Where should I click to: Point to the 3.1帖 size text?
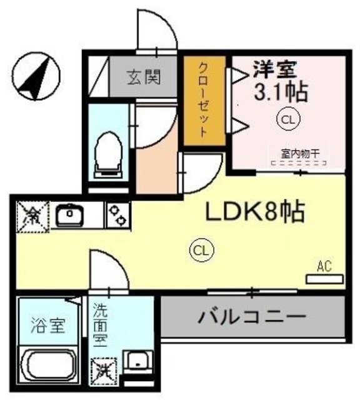(x=279, y=92)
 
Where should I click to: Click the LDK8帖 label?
(x=256, y=213)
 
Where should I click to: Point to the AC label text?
(x=322, y=266)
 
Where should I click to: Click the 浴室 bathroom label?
(x=47, y=326)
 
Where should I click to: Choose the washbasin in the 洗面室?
(x=137, y=362)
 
